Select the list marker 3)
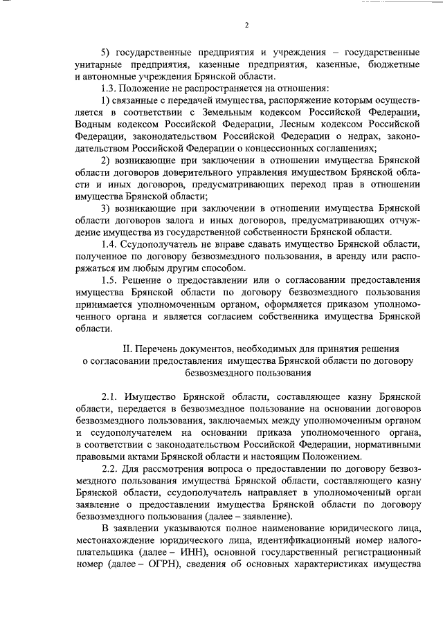pyautogui.click(x=107, y=209)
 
